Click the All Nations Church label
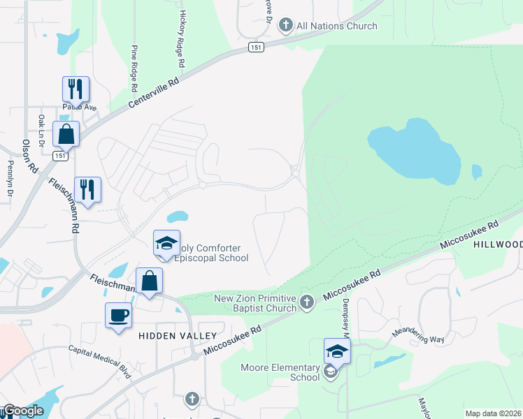point(337,26)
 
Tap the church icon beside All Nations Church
point(285,26)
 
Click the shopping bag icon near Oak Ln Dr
point(66,133)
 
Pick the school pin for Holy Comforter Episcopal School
point(167,243)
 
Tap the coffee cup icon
point(117,315)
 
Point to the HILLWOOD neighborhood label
point(498,244)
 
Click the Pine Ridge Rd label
point(134,69)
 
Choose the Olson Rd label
point(29,156)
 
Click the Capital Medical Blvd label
point(100,362)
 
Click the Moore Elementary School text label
point(280,372)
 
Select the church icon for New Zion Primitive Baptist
point(306,302)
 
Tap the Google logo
point(23,411)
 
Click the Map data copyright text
point(493,413)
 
